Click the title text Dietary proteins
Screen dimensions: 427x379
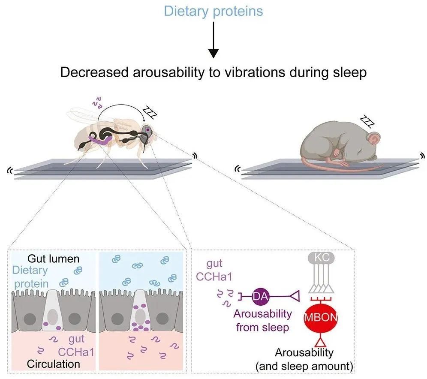click(213, 12)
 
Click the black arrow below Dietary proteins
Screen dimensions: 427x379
click(213, 40)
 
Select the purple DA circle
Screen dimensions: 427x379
click(261, 296)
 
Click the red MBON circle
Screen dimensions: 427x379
click(321, 317)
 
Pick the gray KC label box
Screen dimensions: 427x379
click(321, 257)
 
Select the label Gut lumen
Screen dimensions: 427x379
click(53, 259)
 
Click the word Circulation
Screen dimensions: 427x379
click(53, 364)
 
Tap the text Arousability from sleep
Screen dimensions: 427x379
click(262, 320)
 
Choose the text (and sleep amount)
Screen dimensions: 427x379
click(304, 366)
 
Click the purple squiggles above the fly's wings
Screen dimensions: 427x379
click(97, 102)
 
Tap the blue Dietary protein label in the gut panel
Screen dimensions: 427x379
click(30, 277)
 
